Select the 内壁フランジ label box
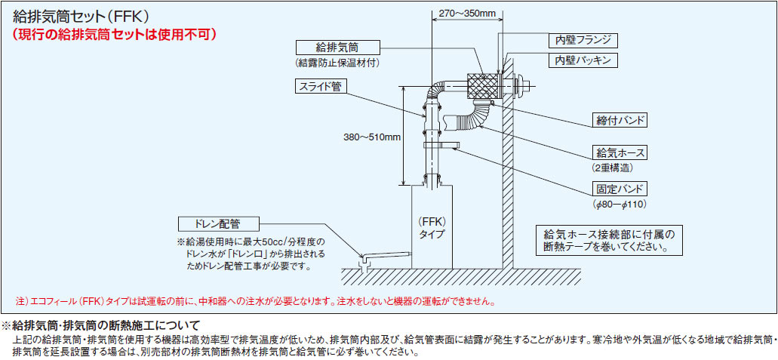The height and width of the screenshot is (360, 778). click(583, 39)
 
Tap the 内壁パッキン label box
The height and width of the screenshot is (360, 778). click(583, 60)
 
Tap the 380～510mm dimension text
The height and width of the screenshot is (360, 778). click(372, 137)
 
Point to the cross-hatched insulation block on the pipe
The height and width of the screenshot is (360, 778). click(484, 86)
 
